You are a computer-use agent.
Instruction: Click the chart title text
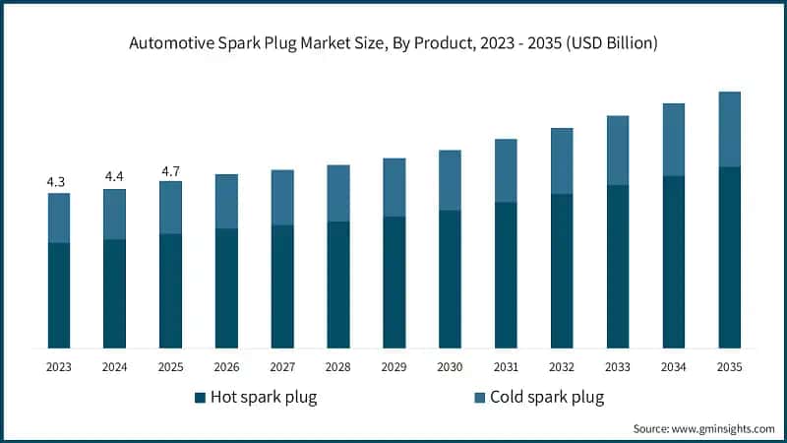pos(393,42)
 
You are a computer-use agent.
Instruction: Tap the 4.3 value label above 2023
pos(58,182)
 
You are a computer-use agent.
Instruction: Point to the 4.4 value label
pos(114,177)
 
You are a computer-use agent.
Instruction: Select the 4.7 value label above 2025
pos(170,171)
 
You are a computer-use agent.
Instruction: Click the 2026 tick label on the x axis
pos(226,366)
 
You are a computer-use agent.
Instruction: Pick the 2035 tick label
pos(729,366)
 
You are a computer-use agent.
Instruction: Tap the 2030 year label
pos(450,366)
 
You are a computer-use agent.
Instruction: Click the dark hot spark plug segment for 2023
pos(58,295)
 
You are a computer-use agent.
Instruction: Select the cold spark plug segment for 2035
pos(729,129)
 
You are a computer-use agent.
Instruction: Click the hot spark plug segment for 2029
pos(393,282)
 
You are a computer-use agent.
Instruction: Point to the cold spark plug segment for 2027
pos(282,197)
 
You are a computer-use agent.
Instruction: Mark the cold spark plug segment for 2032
pos(562,160)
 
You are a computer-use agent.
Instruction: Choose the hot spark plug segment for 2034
pos(673,262)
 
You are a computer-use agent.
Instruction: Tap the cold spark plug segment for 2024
pos(114,214)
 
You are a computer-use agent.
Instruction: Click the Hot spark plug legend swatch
pos(201,398)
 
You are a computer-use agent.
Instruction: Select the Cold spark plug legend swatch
pos(480,398)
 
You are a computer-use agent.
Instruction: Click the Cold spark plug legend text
pos(547,398)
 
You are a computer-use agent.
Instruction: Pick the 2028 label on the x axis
pos(338,366)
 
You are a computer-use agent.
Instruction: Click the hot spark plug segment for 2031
pos(506,275)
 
